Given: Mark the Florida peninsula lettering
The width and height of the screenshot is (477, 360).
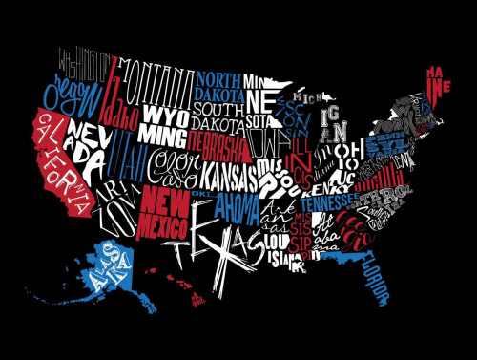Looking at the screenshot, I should pyautogui.click(x=377, y=278).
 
